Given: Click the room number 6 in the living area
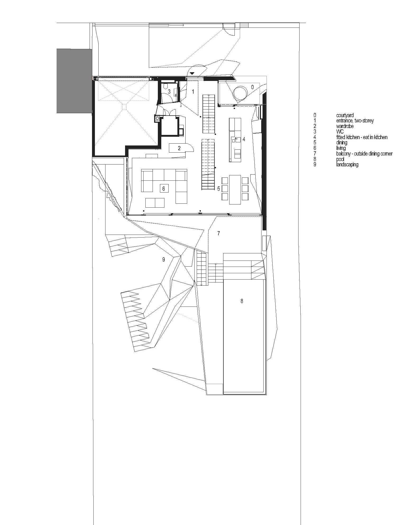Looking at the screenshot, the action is click(164, 189).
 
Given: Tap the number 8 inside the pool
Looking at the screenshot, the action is click(242, 301).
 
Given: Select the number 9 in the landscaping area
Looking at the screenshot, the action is click(164, 260).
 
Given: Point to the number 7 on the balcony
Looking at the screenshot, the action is click(219, 233).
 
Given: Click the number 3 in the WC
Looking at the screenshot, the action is click(169, 92).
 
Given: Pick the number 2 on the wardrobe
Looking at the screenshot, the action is click(179, 148).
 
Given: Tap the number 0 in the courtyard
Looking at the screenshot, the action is click(252, 87).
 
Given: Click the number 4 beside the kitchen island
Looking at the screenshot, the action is click(244, 139).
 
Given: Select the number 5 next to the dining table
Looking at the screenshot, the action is click(219, 189).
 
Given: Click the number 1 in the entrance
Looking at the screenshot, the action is click(193, 92).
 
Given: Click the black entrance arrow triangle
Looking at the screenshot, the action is click(192, 73).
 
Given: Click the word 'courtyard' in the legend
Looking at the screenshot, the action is click(345, 115).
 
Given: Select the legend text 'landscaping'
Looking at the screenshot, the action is click(347, 165).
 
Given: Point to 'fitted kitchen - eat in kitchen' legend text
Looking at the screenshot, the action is click(362, 137).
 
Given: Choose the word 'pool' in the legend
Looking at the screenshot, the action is click(340, 159).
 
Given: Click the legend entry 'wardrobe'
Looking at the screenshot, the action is click(345, 126).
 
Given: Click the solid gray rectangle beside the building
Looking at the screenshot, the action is click(74, 81).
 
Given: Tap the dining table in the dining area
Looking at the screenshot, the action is click(235, 189).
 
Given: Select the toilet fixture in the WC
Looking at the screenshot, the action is click(166, 86).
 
